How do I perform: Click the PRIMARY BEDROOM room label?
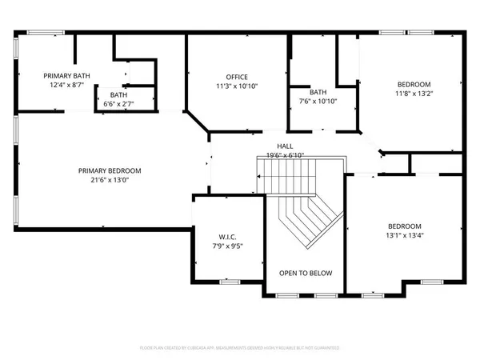[x=110, y=170]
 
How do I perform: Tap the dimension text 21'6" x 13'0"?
[x=110, y=181]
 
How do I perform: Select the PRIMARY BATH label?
[x=66, y=75]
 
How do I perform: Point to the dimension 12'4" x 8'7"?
[x=66, y=85]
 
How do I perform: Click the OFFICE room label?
[x=237, y=76]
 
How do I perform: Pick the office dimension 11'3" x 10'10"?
[x=237, y=86]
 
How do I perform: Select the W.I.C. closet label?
[x=228, y=237]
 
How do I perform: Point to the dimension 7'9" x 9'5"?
[x=228, y=246]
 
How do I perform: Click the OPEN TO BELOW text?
[x=305, y=274]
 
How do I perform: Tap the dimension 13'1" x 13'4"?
[x=403, y=236]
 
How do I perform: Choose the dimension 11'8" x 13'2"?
[x=414, y=94]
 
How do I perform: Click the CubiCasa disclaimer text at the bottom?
[x=240, y=349]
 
